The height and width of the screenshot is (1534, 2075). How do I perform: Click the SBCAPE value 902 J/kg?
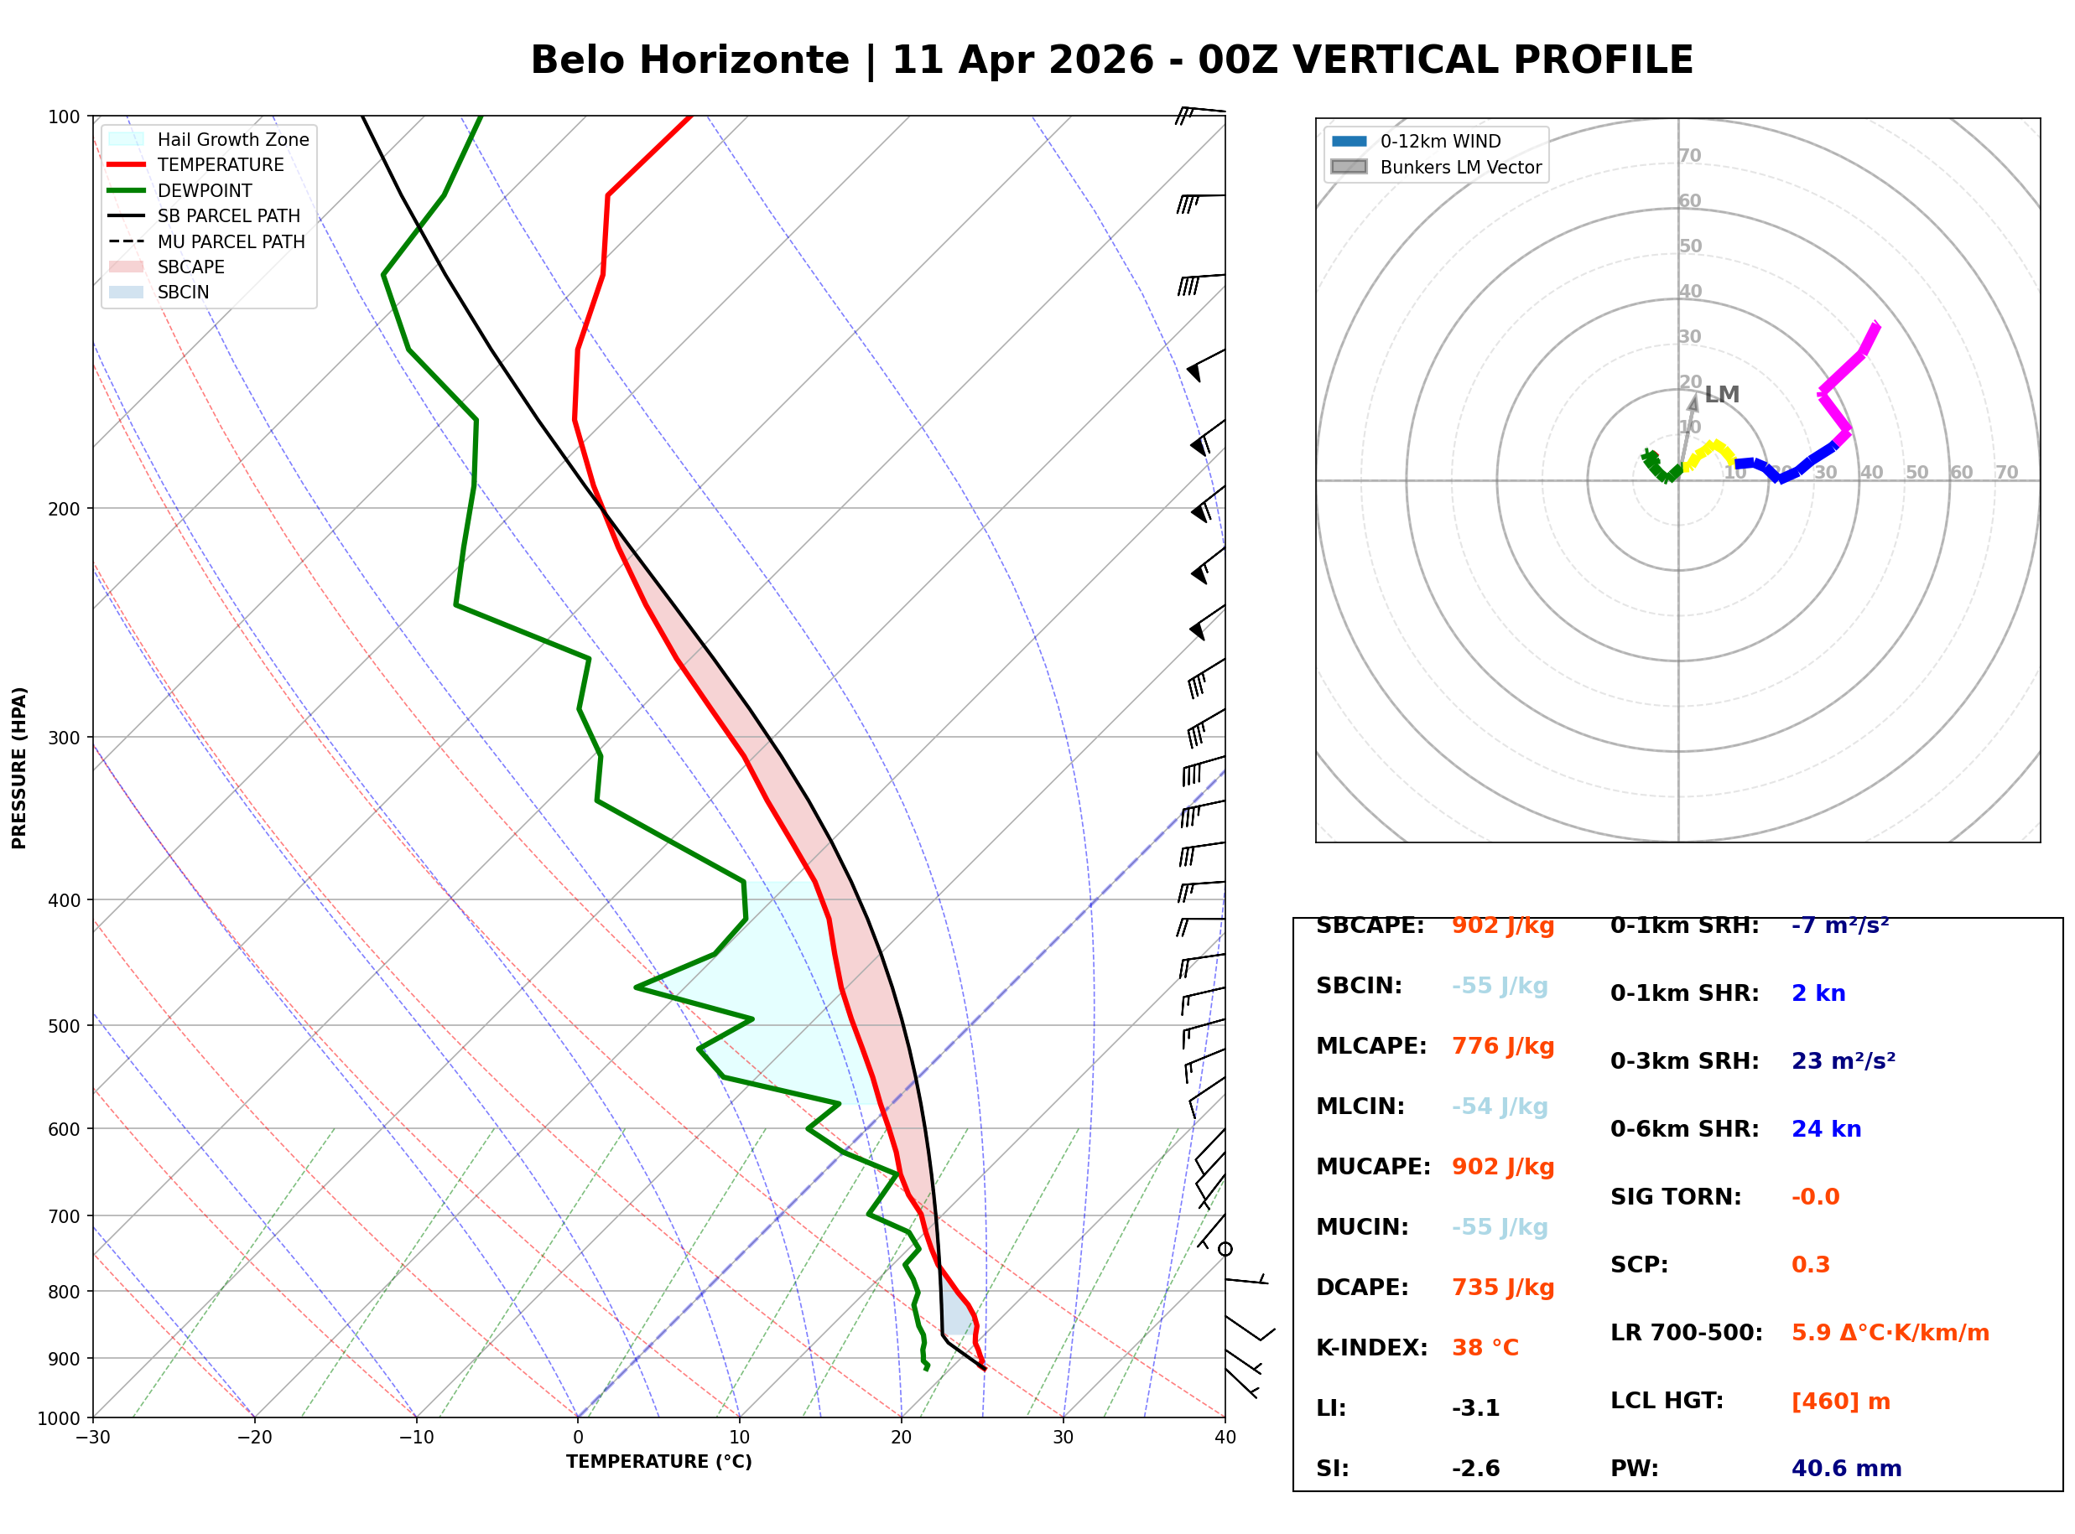(x=1502, y=925)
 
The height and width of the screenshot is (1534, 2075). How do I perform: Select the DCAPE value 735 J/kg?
(x=1502, y=1288)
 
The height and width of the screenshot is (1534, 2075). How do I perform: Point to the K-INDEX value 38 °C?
(x=1485, y=1348)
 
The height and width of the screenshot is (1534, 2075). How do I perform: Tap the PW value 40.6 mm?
(x=1845, y=1469)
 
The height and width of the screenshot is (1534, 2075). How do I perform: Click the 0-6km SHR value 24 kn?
(x=1825, y=1129)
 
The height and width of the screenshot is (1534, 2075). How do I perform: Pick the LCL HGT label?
(x=1667, y=1402)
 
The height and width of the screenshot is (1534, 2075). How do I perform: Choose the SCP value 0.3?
(x=1809, y=1265)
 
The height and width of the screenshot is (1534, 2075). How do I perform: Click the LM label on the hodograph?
(x=1721, y=395)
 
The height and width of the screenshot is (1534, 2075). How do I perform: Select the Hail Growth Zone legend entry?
(x=232, y=139)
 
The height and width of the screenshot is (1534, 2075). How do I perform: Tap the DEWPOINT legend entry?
(x=205, y=190)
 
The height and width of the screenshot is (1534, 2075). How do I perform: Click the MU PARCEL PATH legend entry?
(x=231, y=241)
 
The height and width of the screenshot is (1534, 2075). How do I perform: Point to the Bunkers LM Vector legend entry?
(x=1460, y=167)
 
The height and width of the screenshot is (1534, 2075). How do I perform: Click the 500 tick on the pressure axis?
(x=64, y=1026)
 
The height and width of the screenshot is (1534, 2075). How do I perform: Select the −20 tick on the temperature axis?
(x=254, y=1438)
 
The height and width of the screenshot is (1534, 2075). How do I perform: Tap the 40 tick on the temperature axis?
(x=1225, y=1438)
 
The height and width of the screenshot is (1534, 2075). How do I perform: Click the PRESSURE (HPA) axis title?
(x=19, y=768)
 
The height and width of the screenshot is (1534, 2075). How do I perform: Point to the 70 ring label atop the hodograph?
(x=1689, y=155)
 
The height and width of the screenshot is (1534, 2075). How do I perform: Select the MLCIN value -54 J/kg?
(x=1499, y=1106)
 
